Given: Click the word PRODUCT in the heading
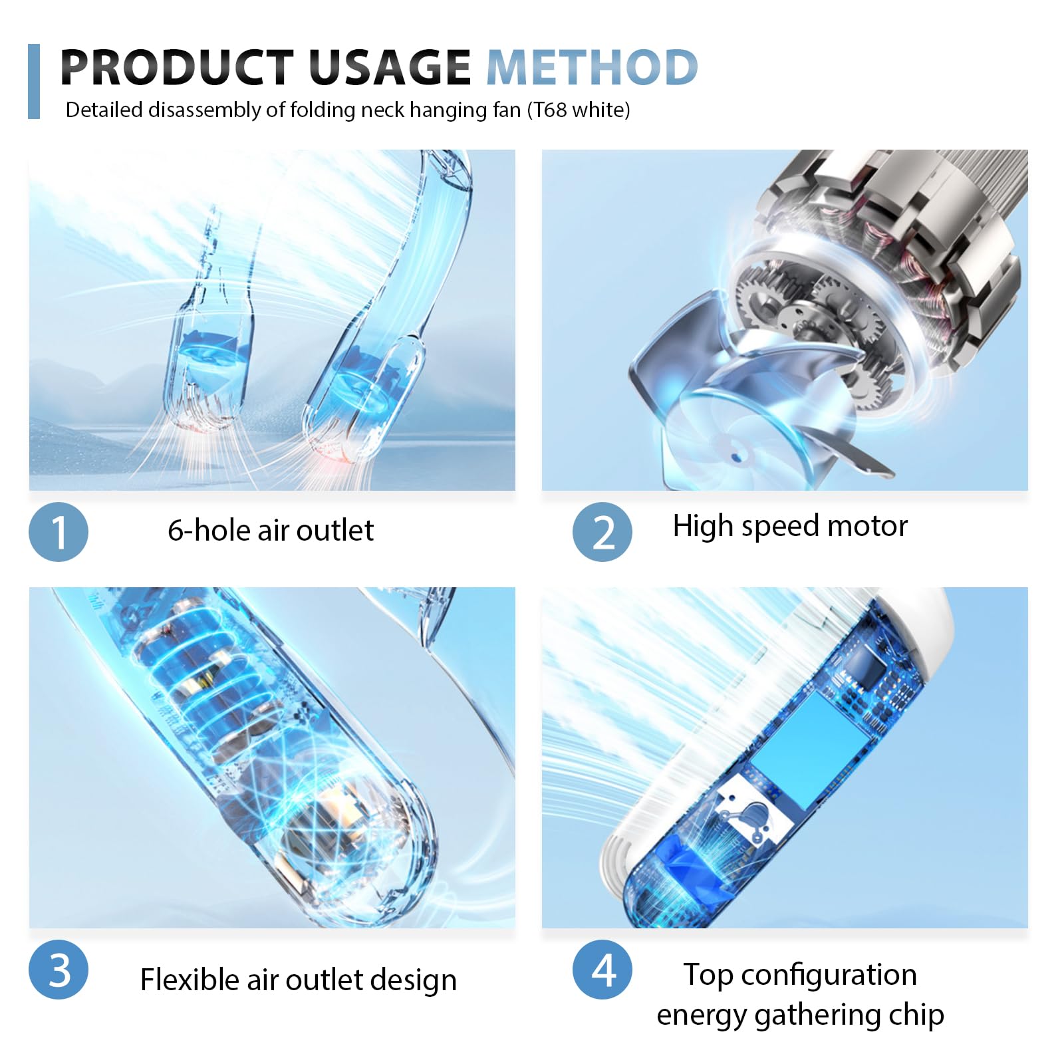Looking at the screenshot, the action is pos(177,67).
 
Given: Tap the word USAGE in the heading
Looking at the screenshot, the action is pos(390,67).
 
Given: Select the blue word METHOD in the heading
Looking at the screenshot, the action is pos(592,67).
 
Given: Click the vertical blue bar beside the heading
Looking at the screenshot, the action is pos(34,81).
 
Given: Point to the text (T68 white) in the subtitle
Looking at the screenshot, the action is pos(579,110).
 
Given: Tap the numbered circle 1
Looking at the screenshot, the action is pos(59,532).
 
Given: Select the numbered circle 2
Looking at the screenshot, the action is pos(602,532).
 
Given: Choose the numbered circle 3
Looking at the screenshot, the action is pos(59,970).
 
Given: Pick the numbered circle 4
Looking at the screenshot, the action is pos(602,970).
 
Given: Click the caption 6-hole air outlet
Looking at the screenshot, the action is pos(271,531).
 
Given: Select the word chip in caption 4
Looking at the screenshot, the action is pos(916,1015).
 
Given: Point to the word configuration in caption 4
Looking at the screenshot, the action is pos(829,976).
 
